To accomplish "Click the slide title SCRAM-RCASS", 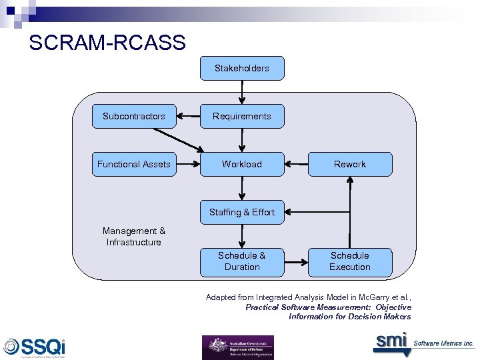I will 107,43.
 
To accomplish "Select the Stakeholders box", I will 242,68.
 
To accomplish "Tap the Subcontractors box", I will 133,116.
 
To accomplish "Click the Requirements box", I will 242,116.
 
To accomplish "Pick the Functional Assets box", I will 133,164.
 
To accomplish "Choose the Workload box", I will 242,164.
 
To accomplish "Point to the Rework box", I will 350,164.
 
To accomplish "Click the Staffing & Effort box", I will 242,212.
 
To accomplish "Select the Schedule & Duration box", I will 242,261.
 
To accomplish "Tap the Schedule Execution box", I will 350,261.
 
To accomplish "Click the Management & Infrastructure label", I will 133,237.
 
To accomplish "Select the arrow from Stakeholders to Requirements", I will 242,92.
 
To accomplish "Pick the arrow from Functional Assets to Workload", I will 188,164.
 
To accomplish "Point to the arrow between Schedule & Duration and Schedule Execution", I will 295,261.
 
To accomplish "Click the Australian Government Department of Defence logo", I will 238,347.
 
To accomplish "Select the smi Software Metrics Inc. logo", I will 423,343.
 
